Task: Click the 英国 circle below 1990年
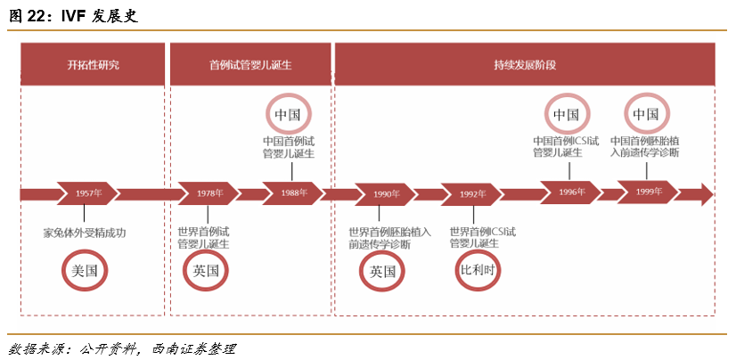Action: [x=382, y=272]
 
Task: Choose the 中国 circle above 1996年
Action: [x=567, y=114]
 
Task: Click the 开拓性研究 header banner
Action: [x=93, y=65]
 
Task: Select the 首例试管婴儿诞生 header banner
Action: [x=250, y=65]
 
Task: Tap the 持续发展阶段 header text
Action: [x=525, y=65]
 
